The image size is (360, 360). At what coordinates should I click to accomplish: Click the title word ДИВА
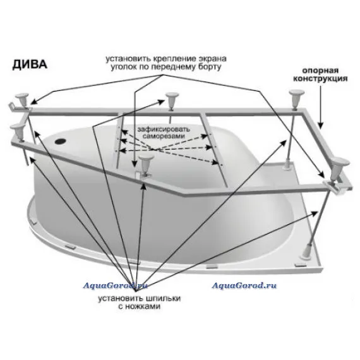[30, 64]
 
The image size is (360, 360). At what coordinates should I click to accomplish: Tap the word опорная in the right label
[320, 70]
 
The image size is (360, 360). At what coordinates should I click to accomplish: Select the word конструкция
[320, 78]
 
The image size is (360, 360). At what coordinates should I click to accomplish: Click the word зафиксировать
[164, 129]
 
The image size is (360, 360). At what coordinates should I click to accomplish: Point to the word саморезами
[164, 136]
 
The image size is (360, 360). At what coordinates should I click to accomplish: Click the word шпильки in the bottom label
[164, 298]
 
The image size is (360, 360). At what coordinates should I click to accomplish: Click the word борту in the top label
[210, 67]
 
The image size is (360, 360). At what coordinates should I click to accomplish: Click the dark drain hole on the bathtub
[61, 140]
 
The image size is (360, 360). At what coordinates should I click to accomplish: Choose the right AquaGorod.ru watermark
[244, 285]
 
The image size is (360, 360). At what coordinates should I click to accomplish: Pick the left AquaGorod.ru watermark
[115, 285]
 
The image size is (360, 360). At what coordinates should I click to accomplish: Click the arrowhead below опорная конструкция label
[320, 125]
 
